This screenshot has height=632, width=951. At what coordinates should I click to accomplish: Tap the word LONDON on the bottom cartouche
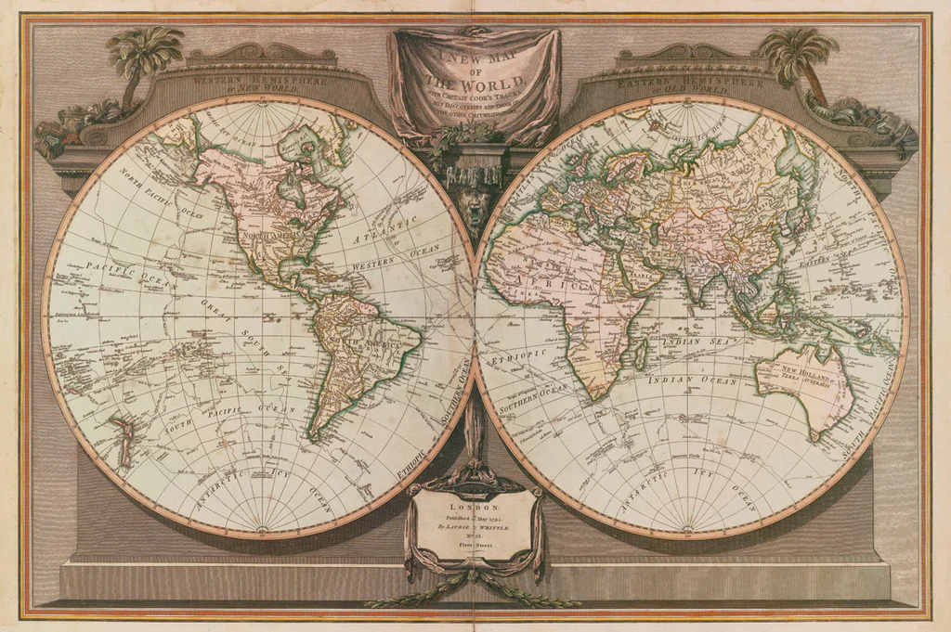point(474,508)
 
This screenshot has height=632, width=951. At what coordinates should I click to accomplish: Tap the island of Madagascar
point(640,354)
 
